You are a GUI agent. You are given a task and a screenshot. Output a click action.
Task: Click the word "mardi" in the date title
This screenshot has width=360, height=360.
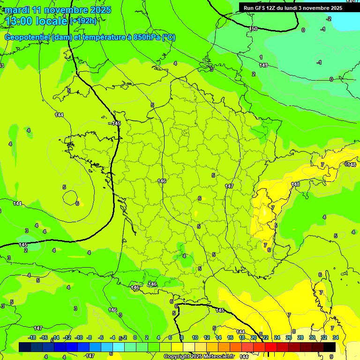point(17,10)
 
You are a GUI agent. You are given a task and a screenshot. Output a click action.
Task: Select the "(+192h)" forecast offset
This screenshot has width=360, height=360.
point(83,21)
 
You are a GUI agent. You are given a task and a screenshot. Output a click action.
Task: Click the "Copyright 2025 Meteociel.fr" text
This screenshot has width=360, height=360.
point(199,357)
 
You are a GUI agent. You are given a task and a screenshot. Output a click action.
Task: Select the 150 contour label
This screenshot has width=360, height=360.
point(253,29)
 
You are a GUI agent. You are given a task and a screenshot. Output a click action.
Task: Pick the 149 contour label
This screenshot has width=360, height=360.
point(263,65)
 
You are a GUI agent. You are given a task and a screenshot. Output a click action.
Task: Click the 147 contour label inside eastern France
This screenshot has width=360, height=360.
point(229,186)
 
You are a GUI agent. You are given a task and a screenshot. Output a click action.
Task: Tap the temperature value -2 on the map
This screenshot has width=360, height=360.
point(329,19)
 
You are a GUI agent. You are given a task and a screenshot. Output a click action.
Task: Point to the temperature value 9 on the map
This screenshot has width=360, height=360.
point(331,357)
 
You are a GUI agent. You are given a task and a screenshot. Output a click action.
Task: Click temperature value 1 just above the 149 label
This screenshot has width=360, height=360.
point(261,57)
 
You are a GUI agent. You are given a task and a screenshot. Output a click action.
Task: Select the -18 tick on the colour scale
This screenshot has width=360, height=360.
point(32,337)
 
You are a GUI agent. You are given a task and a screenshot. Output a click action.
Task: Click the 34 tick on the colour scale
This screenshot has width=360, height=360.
point(336,337)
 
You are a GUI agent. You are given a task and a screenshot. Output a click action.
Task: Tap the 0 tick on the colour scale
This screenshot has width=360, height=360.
point(135,337)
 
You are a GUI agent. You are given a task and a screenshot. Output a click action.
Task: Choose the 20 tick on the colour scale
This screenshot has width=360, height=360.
point(254,337)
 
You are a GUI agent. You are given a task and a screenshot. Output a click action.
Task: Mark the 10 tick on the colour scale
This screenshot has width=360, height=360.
point(195,337)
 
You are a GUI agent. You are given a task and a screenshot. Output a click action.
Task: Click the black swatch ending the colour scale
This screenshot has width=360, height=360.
point(330,347)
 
